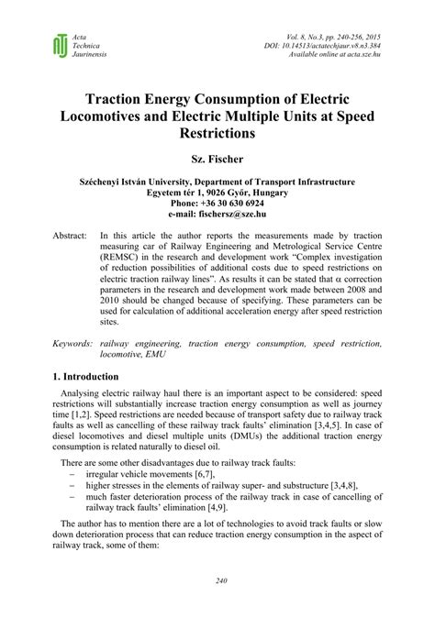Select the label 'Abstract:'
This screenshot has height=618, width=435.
point(71,236)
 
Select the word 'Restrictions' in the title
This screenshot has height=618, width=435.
point(217,132)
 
